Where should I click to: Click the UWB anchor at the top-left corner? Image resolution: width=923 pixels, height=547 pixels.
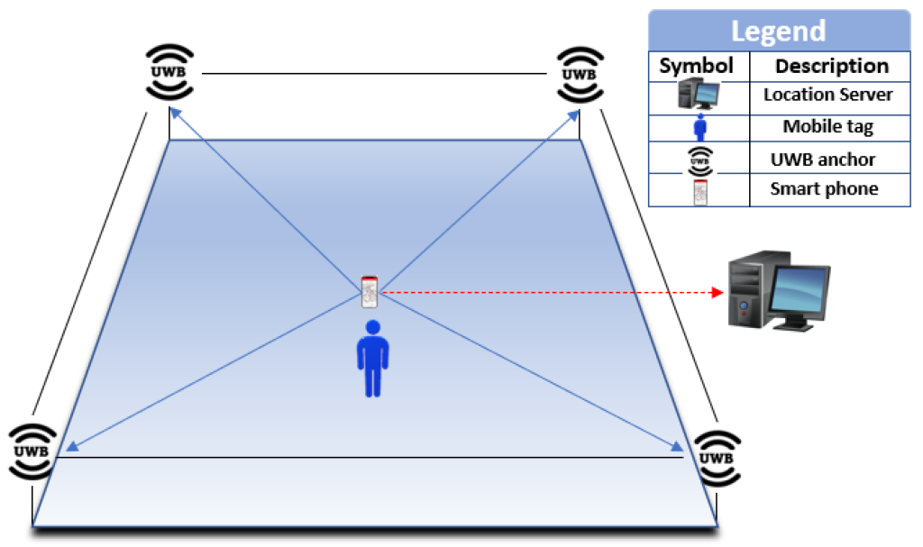169,72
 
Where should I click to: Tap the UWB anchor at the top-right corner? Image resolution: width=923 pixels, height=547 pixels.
579,72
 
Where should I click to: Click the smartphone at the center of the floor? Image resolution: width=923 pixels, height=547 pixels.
369,292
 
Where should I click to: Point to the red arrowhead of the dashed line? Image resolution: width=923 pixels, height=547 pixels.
717,292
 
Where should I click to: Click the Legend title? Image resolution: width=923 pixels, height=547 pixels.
778,31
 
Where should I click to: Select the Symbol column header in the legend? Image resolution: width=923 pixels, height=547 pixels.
698,66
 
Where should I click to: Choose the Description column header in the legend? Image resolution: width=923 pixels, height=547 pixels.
831,66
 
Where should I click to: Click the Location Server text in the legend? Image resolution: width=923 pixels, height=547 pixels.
827,95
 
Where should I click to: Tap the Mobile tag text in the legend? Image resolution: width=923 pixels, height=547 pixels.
827,127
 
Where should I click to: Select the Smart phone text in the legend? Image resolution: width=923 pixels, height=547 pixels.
824,189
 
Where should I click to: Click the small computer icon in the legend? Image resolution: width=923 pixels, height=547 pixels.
698,95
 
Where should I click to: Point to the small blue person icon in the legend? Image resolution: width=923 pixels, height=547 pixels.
699,127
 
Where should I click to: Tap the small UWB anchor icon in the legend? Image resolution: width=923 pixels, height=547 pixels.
699,160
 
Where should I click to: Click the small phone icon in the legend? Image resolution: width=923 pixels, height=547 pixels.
699,191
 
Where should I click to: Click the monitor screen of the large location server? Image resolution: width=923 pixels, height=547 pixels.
799,290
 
